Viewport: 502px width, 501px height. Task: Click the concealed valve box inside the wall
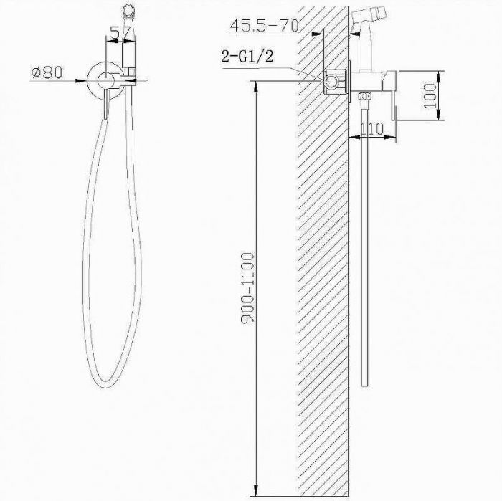[332, 82]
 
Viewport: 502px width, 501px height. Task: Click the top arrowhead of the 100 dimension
[438, 75]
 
